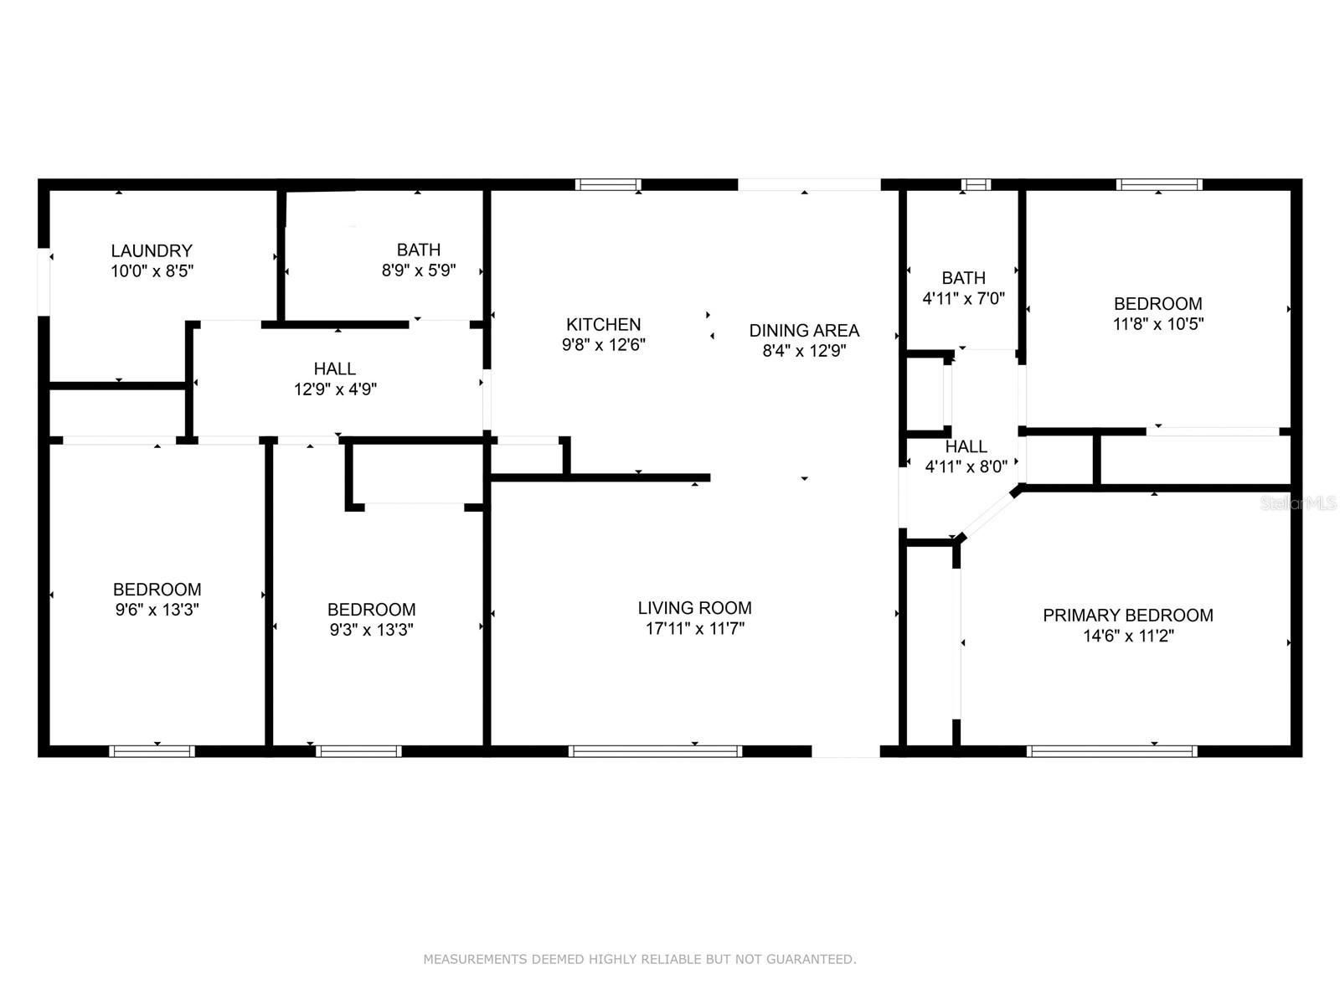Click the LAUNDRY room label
click(152, 250)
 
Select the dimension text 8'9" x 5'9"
click(419, 271)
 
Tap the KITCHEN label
click(603, 324)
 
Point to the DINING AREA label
click(804, 330)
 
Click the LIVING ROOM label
click(694, 608)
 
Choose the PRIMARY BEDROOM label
click(1127, 616)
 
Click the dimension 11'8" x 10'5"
click(1157, 324)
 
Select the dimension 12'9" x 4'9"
click(335, 389)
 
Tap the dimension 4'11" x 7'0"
click(963, 298)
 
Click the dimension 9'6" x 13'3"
click(157, 610)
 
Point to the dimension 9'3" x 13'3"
click(371, 630)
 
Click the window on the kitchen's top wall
click(608, 184)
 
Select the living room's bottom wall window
click(655, 751)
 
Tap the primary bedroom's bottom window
click(1111, 751)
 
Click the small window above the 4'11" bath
click(976, 184)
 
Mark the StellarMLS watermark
click(1298, 503)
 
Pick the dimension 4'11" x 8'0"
click(966, 467)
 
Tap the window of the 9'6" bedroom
click(152, 751)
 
